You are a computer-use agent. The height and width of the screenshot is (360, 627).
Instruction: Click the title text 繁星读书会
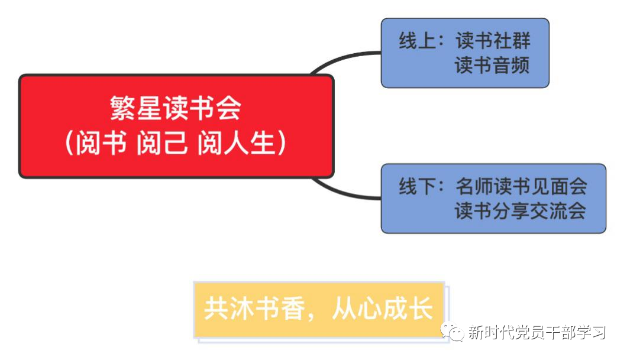[x=176, y=109]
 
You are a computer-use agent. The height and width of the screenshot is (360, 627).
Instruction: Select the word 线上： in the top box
[x=421, y=41]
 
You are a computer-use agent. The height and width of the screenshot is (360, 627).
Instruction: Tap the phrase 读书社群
[x=493, y=41]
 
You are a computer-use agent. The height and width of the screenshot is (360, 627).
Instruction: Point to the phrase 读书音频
[x=493, y=65]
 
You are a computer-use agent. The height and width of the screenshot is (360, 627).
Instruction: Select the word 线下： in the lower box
[x=421, y=187]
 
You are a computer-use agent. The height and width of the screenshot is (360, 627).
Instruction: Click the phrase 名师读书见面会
[x=521, y=187]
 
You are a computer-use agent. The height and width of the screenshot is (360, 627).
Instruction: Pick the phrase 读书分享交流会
[x=521, y=211]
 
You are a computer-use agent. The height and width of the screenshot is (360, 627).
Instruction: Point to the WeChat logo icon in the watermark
[x=455, y=333]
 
